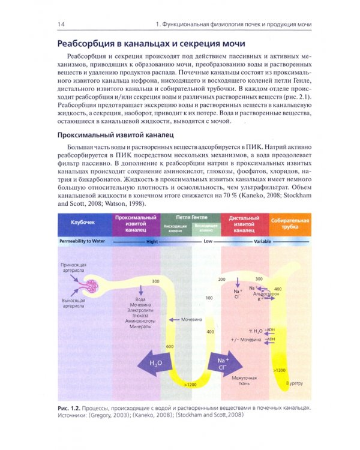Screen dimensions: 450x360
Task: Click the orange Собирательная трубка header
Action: point(291,225)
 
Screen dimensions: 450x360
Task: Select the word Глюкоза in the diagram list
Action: point(142,315)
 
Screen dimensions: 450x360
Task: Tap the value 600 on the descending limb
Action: point(170,347)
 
